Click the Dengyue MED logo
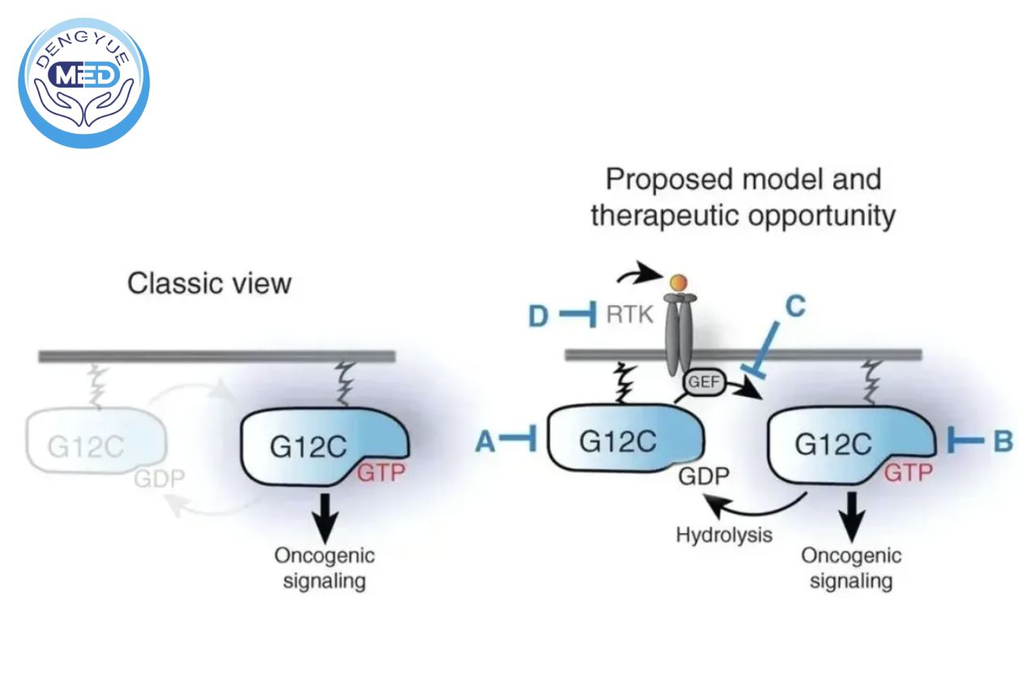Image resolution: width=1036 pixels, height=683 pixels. pyautogui.click(x=84, y=83)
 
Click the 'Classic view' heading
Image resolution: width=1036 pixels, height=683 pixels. pyautogui.click(x=209, y=283)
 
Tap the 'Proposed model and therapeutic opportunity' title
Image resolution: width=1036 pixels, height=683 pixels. pyautogui.click(x=743, y=197)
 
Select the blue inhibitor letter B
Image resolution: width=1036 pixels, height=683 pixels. pyautogui.click(x=1003, y=441)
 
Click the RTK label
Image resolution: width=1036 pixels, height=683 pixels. pyautogui.click(x=630, y=315)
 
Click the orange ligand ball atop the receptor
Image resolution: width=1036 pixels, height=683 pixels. pyautogui.click(x=679, y=282)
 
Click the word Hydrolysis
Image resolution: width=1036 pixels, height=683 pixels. pyautogui.click(x=724, y=535)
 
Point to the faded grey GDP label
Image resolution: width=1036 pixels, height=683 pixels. pyautogui.click(x=159, y=478)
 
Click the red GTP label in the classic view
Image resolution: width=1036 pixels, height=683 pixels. pyautogui.click(x=380, y=472)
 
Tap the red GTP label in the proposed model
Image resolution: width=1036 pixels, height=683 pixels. pyautogui.click(x=907, y=472)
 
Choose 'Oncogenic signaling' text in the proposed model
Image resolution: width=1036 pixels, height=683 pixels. pyautogui.click(x=851, y=568)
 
